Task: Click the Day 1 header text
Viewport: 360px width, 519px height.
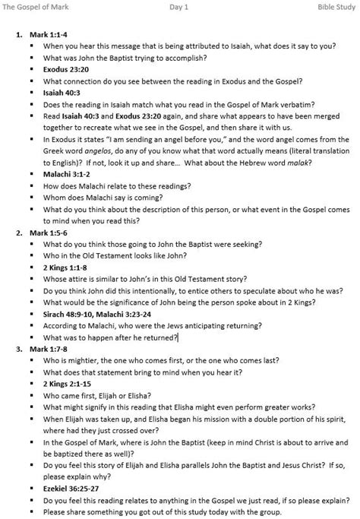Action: click(179, 6)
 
